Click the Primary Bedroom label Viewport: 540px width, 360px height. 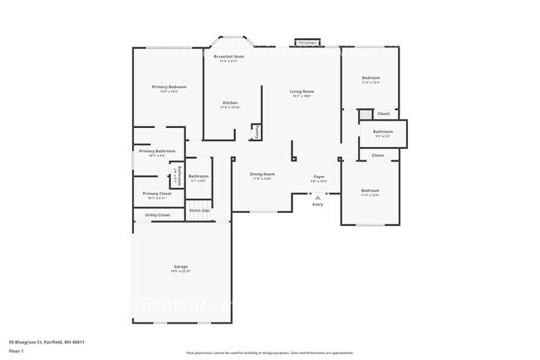[169, 87]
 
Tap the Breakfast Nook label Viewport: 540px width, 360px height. [228, 57]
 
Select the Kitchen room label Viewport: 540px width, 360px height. [230, 103]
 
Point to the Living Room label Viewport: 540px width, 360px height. [302, 91]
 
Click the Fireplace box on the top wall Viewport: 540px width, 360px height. [307, 42]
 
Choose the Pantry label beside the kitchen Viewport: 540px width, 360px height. [258, 132]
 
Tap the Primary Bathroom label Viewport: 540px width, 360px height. [157, 151]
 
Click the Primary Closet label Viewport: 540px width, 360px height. [157, 194]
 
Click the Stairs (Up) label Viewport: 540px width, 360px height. [199, 211]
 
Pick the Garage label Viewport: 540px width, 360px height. [181, 268]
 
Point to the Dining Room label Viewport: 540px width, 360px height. [262, 175]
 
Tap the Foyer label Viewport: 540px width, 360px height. [318, 177]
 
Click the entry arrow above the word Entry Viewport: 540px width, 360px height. [317, 197]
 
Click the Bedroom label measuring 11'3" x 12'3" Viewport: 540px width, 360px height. [371, 78]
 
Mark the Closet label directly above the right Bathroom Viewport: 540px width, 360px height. [383, 114]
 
